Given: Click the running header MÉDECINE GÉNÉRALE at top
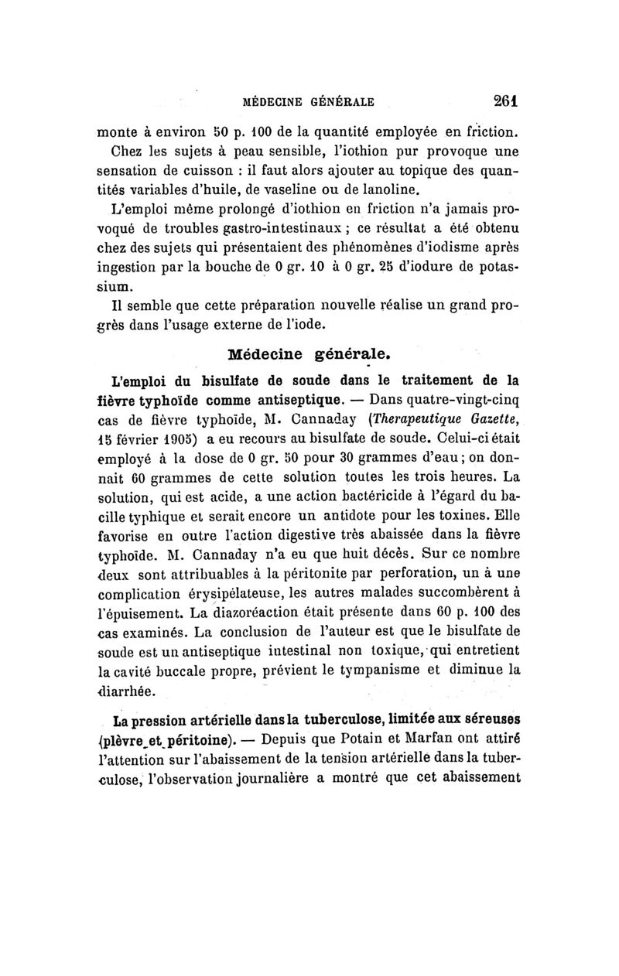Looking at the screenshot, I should tap(309, 101).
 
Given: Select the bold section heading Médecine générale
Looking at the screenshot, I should tap(309, 356).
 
